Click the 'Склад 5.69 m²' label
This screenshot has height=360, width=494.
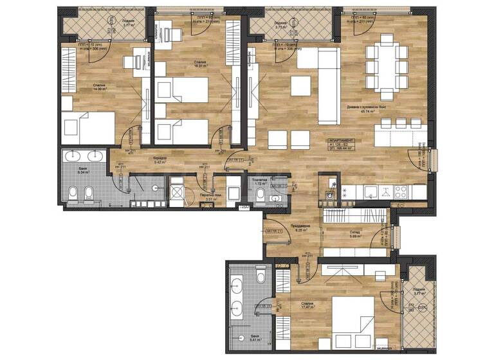tap(354, 235)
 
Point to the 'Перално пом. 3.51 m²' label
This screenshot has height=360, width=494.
tap(209, 197)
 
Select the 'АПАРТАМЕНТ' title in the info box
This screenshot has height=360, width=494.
tap(338, 140)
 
